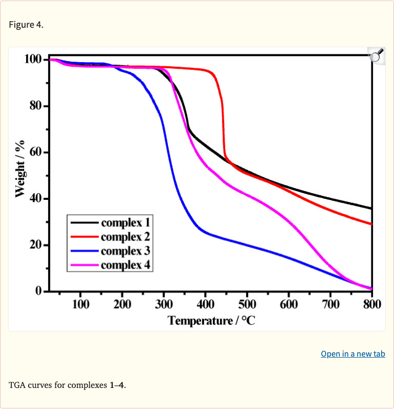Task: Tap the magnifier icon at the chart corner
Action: click(x=377, y=55)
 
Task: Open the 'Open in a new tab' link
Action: click(x=352, y=354)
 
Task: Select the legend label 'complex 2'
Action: click(x=126, y=237)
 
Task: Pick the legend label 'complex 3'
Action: click(x=126, y=251)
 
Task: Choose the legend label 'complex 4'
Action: click(x=126, y=265)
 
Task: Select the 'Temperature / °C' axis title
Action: click(x=211, y=321)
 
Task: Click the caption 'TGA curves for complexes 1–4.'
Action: click(x=67, y=385)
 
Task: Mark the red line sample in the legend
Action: click(x=85, y=237)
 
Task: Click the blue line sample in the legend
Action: click(x=85, y=251)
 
